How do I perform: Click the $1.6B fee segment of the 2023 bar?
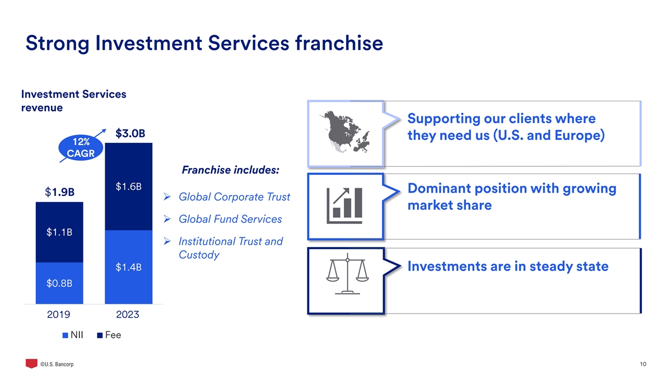click(x=128, y=186)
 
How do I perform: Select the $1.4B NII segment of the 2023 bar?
click(x=128, y=267)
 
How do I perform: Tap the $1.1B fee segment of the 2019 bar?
click(x=59, y=232)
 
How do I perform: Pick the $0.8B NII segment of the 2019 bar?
click(x=59, y=283)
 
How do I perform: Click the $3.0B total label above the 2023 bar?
click(x=130, y=133)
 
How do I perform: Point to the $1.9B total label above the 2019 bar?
click(x=60, y=192)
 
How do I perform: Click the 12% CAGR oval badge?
click(x=81, y=147)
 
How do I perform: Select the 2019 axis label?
click(x=58, y=314)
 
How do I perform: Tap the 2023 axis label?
click(x=128, y=314)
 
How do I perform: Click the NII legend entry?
click(x=73, y=335)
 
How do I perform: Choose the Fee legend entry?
click(x=109, y=335)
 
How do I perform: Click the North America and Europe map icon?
click(x=345, y=132)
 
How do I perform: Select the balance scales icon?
click(x=347, y=274)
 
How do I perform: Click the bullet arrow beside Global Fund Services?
click(x=167, y=219)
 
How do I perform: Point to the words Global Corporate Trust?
click(x=234, y=197)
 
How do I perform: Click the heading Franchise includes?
click(x=230, y=170)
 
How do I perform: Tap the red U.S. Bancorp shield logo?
click(x=31, y=363)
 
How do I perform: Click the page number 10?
click(x=643, y=364)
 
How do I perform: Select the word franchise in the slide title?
click(x=339, y=43)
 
